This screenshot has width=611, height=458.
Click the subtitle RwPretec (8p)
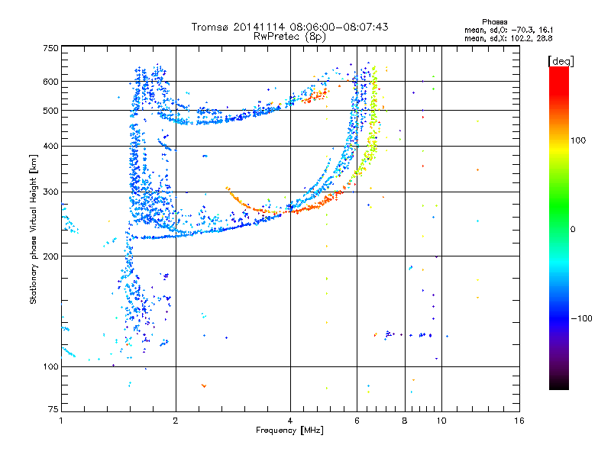tap(289, 36)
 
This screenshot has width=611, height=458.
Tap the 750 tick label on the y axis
tap(50, 48)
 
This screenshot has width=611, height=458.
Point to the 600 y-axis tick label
tap(50, 81)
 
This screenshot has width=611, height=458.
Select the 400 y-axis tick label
tap(50, 146)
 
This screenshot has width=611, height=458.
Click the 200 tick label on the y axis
tap(50, 256)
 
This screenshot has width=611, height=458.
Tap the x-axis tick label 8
tap(404, 421)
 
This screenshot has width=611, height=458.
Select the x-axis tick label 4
tap(290, 421)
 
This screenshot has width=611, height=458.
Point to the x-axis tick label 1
tap(61, 421)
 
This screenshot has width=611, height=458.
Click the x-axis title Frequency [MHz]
tap(289, 431)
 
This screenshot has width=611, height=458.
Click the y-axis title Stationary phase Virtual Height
tap(34, 229)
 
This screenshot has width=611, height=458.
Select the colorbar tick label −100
tap(583, 318)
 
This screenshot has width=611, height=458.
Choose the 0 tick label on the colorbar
tap(574, 229)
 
